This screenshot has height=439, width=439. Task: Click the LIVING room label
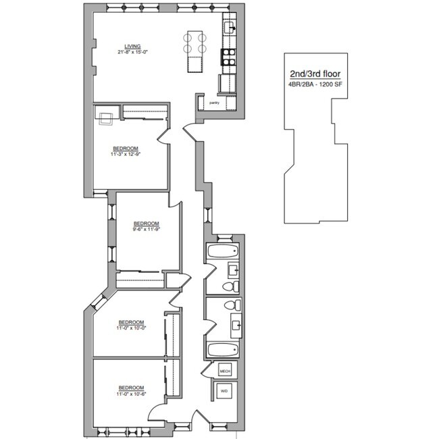(x=123, y=47)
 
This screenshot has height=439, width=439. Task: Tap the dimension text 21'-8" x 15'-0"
(x=123, y=53)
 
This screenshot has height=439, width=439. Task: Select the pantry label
(x=214, y=103)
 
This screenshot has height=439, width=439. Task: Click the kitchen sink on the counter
(x=229, y=28)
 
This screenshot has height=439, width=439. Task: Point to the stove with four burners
(x=229, y=57)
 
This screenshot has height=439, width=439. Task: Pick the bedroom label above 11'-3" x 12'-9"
(x=126, y=148)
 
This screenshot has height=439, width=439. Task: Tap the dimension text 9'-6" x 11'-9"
(x=146, y=229)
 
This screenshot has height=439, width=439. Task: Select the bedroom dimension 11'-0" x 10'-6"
(x=132, y=392)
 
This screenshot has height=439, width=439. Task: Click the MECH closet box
(x=225, y=371)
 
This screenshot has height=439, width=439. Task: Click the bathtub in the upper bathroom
(x=220, y=253)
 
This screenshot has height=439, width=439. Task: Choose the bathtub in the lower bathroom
(x=220, y=350)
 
